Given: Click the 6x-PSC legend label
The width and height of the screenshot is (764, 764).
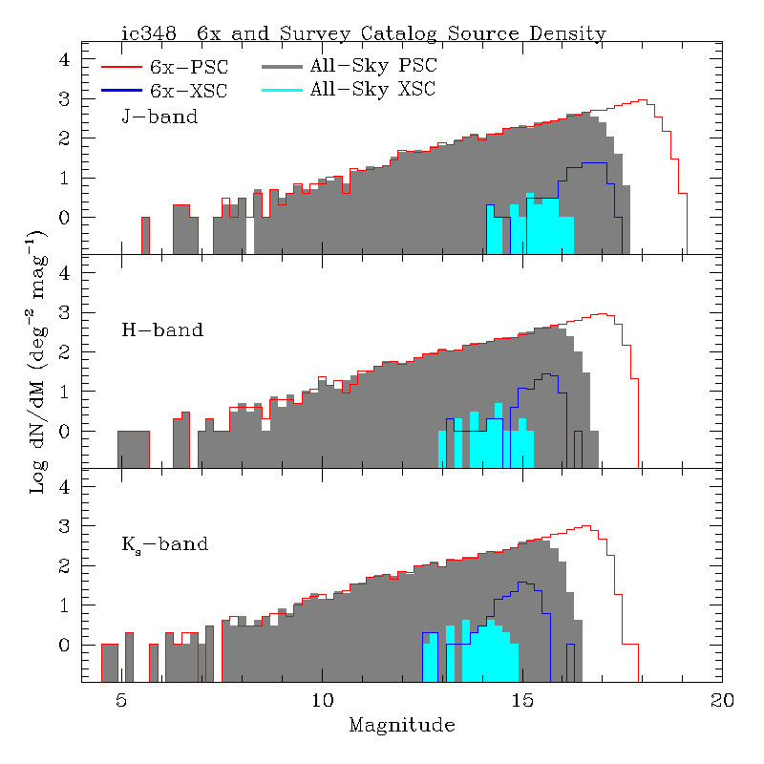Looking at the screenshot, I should tap(189, 67).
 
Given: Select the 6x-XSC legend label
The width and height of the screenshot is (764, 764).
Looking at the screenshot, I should tap(189, 91).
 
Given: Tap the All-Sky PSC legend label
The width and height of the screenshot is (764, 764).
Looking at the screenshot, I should tap(372, 67).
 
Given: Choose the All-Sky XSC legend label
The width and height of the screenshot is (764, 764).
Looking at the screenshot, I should tap(372, 91).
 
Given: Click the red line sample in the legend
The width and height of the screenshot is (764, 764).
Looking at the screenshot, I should tap(120, 67).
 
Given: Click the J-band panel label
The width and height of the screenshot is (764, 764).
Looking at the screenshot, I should tap(159, 117).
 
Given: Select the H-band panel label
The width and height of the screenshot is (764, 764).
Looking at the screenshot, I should tap(162, 331).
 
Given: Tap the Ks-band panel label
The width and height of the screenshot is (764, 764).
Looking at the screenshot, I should tap(164, 546).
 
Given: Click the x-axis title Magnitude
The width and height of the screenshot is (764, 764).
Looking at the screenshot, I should tap(402, 726).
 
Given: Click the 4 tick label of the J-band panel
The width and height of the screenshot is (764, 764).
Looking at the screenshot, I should tap(65, 59).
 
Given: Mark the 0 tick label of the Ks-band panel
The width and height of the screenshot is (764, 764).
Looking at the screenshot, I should tap(65, 646).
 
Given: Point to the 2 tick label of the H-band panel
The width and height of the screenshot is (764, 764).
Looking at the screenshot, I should tap(65, 352).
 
